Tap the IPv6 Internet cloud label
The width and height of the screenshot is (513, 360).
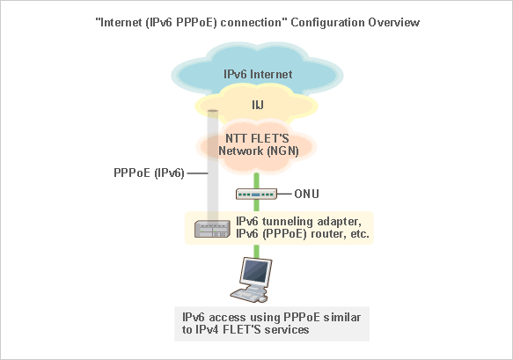[x=257, y=75]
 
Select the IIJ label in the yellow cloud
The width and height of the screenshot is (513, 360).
[x=257, y=107]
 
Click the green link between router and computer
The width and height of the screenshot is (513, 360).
[x=257, y=251]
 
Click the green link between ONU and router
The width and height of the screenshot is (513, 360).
[x=257, y=208]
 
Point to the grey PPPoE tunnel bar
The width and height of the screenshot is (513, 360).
[x=212, y=167]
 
